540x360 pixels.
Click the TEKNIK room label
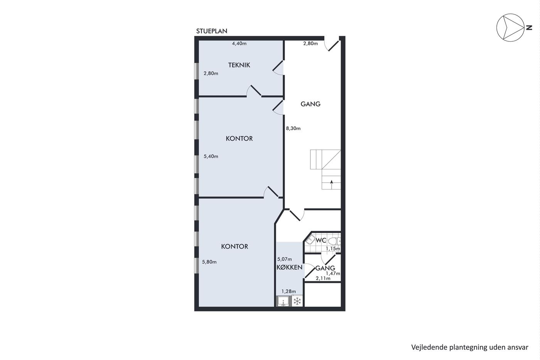click(239, 65)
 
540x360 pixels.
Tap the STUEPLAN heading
click(212, 31)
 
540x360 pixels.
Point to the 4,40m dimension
click(239, 44)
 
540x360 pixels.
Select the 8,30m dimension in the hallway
click(293, 128)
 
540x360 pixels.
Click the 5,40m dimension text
click(211, 157)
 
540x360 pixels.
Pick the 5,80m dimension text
click(209, 262)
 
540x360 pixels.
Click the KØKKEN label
click(289, 267)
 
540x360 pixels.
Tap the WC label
click(321, 240)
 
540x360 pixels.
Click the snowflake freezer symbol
click(297, 301)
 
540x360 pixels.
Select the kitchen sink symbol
click(284, 301)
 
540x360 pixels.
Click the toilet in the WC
click(334, 241)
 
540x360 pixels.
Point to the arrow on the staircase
click(331, 184)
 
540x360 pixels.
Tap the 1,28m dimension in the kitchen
click(289, 292)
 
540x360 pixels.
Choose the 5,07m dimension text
click(285, 259)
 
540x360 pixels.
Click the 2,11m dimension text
click(323, 279)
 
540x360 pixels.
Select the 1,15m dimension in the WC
click(333, 248)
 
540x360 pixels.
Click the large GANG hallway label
click(310, 104)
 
